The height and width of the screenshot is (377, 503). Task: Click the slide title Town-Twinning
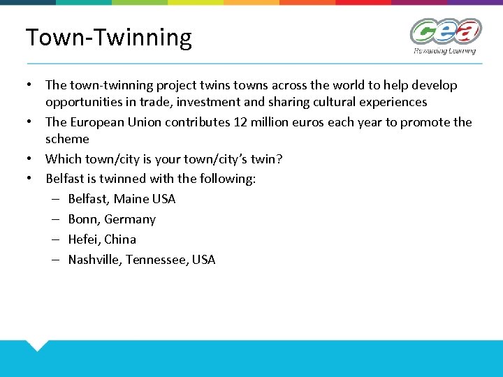pyautogui.click(x=108, y=37)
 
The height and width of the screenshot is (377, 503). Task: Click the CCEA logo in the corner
pyautogui.click(x=445, y=31)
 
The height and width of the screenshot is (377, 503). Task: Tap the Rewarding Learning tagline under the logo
pyautogui.click(x=444, y=50)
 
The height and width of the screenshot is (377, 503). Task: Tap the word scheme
pyautogui.click(x=67, y=139)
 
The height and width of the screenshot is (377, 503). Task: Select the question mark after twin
pyautogui.click(x=279, y=158)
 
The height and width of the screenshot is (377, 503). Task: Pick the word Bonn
pyautogui.click(x=83, y=219)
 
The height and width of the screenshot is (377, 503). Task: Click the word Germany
pyautogui.click(x=130, y=219)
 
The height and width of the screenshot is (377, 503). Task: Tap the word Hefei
pyautogui.click(x=83, y=239)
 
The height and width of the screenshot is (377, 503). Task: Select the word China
pyautogui.click(x=120, y=239)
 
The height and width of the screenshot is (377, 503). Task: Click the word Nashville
pyautogui.click(x=94, y=260)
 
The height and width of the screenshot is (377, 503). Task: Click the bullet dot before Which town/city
pyautogui.click(x=30, y=158)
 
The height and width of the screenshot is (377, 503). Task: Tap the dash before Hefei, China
pyautogui.click(x=54, y=239)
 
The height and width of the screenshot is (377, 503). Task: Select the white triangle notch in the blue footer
pyautogui.click(x=38, y=345)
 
